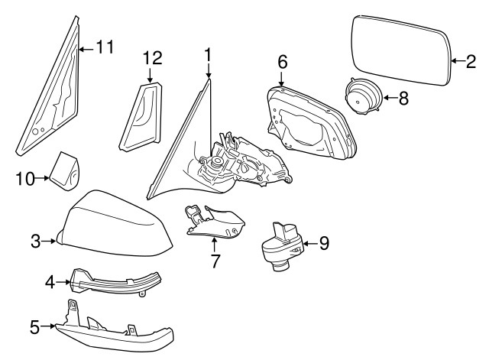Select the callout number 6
(x=282, y=60)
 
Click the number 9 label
(x=324, y=244)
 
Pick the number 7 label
(x=215, y=261)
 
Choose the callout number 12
(x=152, y=58)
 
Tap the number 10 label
(x=24, y=179)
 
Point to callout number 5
(x=34, y=328)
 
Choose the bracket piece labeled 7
(x=215, y=221)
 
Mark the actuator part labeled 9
(x=282, y=244)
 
